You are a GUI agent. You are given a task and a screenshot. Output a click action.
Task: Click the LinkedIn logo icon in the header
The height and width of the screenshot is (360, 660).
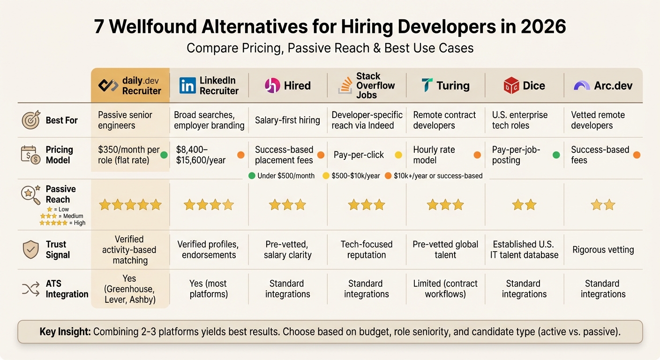(187, 85)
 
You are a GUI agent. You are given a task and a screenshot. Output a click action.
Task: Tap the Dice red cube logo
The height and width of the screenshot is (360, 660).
(511, 85)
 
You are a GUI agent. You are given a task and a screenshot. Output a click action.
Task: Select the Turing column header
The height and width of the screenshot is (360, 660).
(445, 85)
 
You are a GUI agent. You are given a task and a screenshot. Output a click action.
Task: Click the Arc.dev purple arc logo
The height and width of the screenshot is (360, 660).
(582, 86)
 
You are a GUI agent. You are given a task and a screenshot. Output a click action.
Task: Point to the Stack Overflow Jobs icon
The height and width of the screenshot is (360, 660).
(345, 85)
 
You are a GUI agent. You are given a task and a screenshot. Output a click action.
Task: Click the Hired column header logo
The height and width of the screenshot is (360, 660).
(272, 85)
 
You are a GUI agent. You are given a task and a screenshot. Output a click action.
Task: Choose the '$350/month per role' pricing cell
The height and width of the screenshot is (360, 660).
(129, 155)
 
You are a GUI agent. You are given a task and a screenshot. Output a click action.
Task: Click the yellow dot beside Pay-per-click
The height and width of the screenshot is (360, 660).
(399, 155)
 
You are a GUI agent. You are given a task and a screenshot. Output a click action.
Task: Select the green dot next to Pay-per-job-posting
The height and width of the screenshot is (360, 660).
(556, 155)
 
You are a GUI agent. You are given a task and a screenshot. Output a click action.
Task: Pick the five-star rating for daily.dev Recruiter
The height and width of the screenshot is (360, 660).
(130, 205)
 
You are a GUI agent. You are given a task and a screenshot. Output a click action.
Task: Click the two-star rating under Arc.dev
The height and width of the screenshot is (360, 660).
(602, 205)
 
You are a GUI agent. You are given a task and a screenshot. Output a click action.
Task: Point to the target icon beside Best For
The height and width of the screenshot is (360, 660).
(31, 120)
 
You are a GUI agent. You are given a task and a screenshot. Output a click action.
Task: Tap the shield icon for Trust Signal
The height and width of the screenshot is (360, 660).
(31, 249)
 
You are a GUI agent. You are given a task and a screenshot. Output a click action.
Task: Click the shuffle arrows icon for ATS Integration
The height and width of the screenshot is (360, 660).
(31, 289)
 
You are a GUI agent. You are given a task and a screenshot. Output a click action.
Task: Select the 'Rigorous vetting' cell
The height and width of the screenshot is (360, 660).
(603, 250)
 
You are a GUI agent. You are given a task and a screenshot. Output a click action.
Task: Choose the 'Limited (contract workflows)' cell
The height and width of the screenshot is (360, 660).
(445, 289)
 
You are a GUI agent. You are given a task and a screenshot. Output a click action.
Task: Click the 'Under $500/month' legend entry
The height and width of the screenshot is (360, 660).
(281, 176)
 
